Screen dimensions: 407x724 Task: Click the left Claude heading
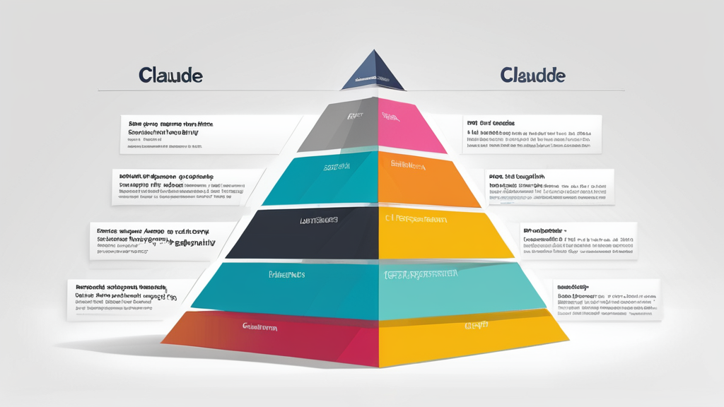[x=170, y=75]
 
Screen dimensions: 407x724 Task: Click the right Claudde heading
[x=532, y=75]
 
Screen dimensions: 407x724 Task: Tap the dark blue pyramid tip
[x=373, y=72]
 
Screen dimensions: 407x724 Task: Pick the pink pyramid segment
[x=407, y=127]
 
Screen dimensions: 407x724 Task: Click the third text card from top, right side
[x=578, y=240]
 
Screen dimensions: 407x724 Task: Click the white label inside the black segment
[x=319, y=220]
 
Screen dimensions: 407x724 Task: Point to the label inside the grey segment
[x=355, y=115]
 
